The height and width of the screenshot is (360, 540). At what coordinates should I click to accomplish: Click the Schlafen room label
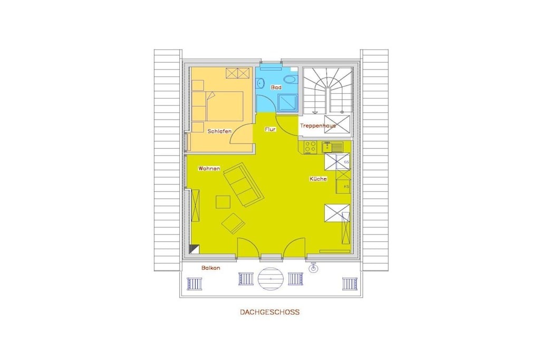click(219, 131)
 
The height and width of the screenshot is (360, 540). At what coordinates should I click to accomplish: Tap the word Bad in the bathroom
click(276, 87)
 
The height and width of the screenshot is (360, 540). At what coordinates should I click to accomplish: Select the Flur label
click(271, 130)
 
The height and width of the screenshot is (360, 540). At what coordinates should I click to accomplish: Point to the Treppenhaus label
click(318, 125)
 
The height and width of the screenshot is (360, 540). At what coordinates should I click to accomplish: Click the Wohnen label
click(209, 169)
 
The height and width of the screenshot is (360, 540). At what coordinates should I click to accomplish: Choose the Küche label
click(318, 179)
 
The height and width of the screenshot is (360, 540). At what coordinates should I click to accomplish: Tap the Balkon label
click(211, 268)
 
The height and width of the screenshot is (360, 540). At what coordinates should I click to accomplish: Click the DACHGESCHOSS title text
click(269, 312)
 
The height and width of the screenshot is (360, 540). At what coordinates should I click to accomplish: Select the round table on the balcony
click(271, 278)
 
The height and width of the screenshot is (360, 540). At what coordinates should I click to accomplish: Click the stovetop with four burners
click(311, 147)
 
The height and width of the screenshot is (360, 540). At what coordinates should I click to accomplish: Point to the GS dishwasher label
click(346, 162)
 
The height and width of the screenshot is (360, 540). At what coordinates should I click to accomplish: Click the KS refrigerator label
click(346, 187)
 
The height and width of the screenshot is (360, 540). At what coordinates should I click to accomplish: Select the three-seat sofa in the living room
click(244, 185)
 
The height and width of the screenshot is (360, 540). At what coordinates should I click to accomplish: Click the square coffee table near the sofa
click(223, 202)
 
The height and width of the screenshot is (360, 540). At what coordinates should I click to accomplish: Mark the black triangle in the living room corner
click(195, 248)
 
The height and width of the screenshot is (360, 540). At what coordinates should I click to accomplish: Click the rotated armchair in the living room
click(234, 223)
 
